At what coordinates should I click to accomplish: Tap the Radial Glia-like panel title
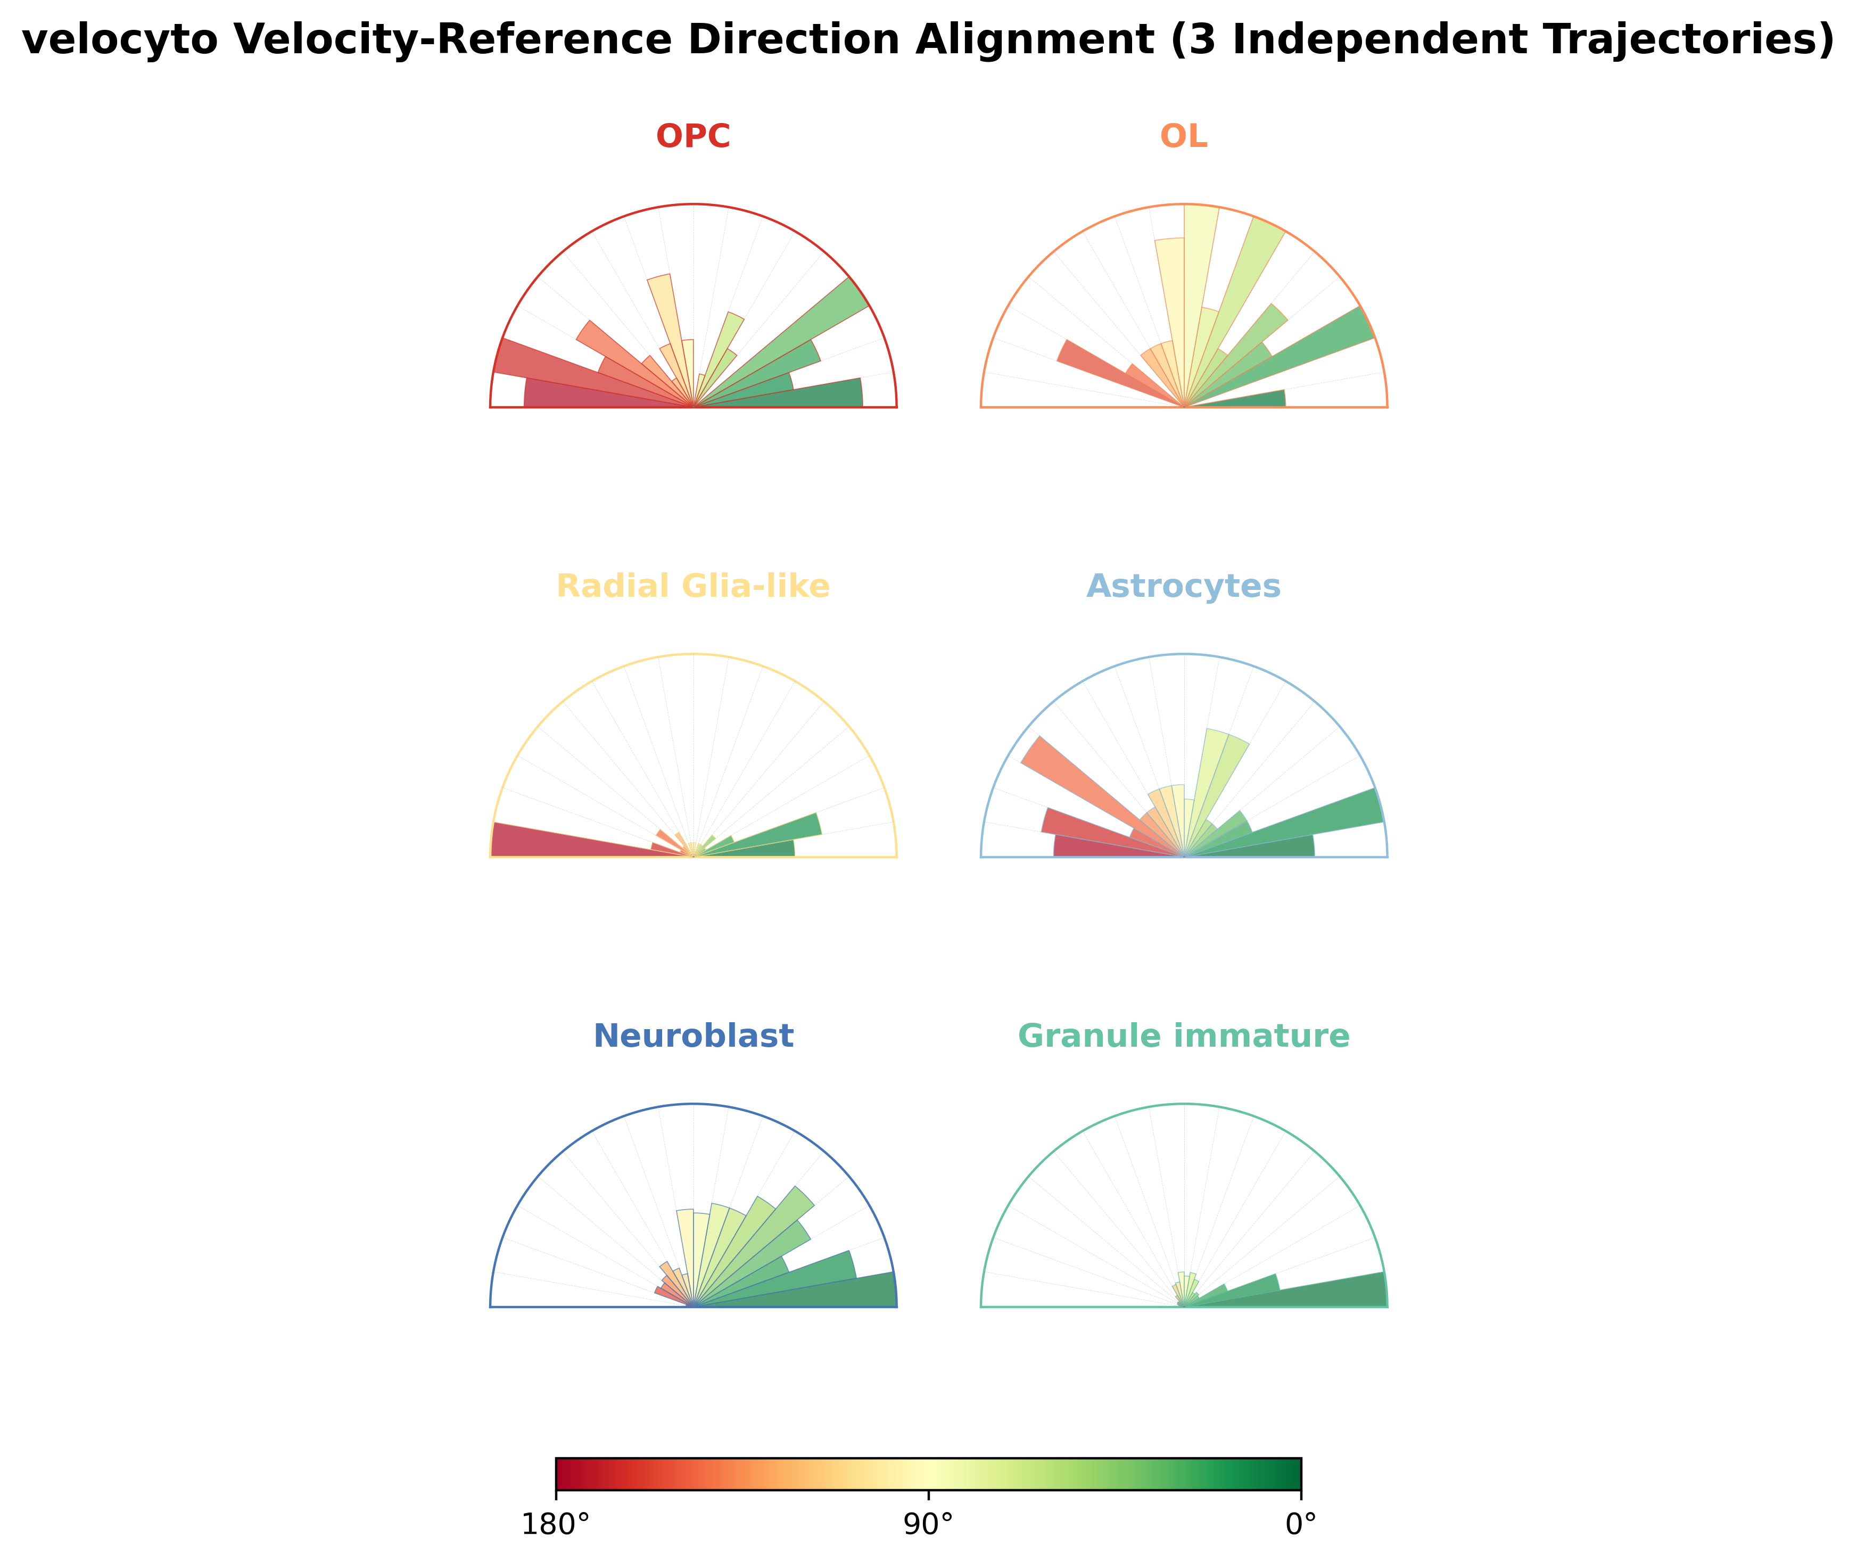[693, 587]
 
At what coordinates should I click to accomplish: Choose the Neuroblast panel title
[693, 1036]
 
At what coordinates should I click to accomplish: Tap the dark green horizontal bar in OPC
[796, 395]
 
